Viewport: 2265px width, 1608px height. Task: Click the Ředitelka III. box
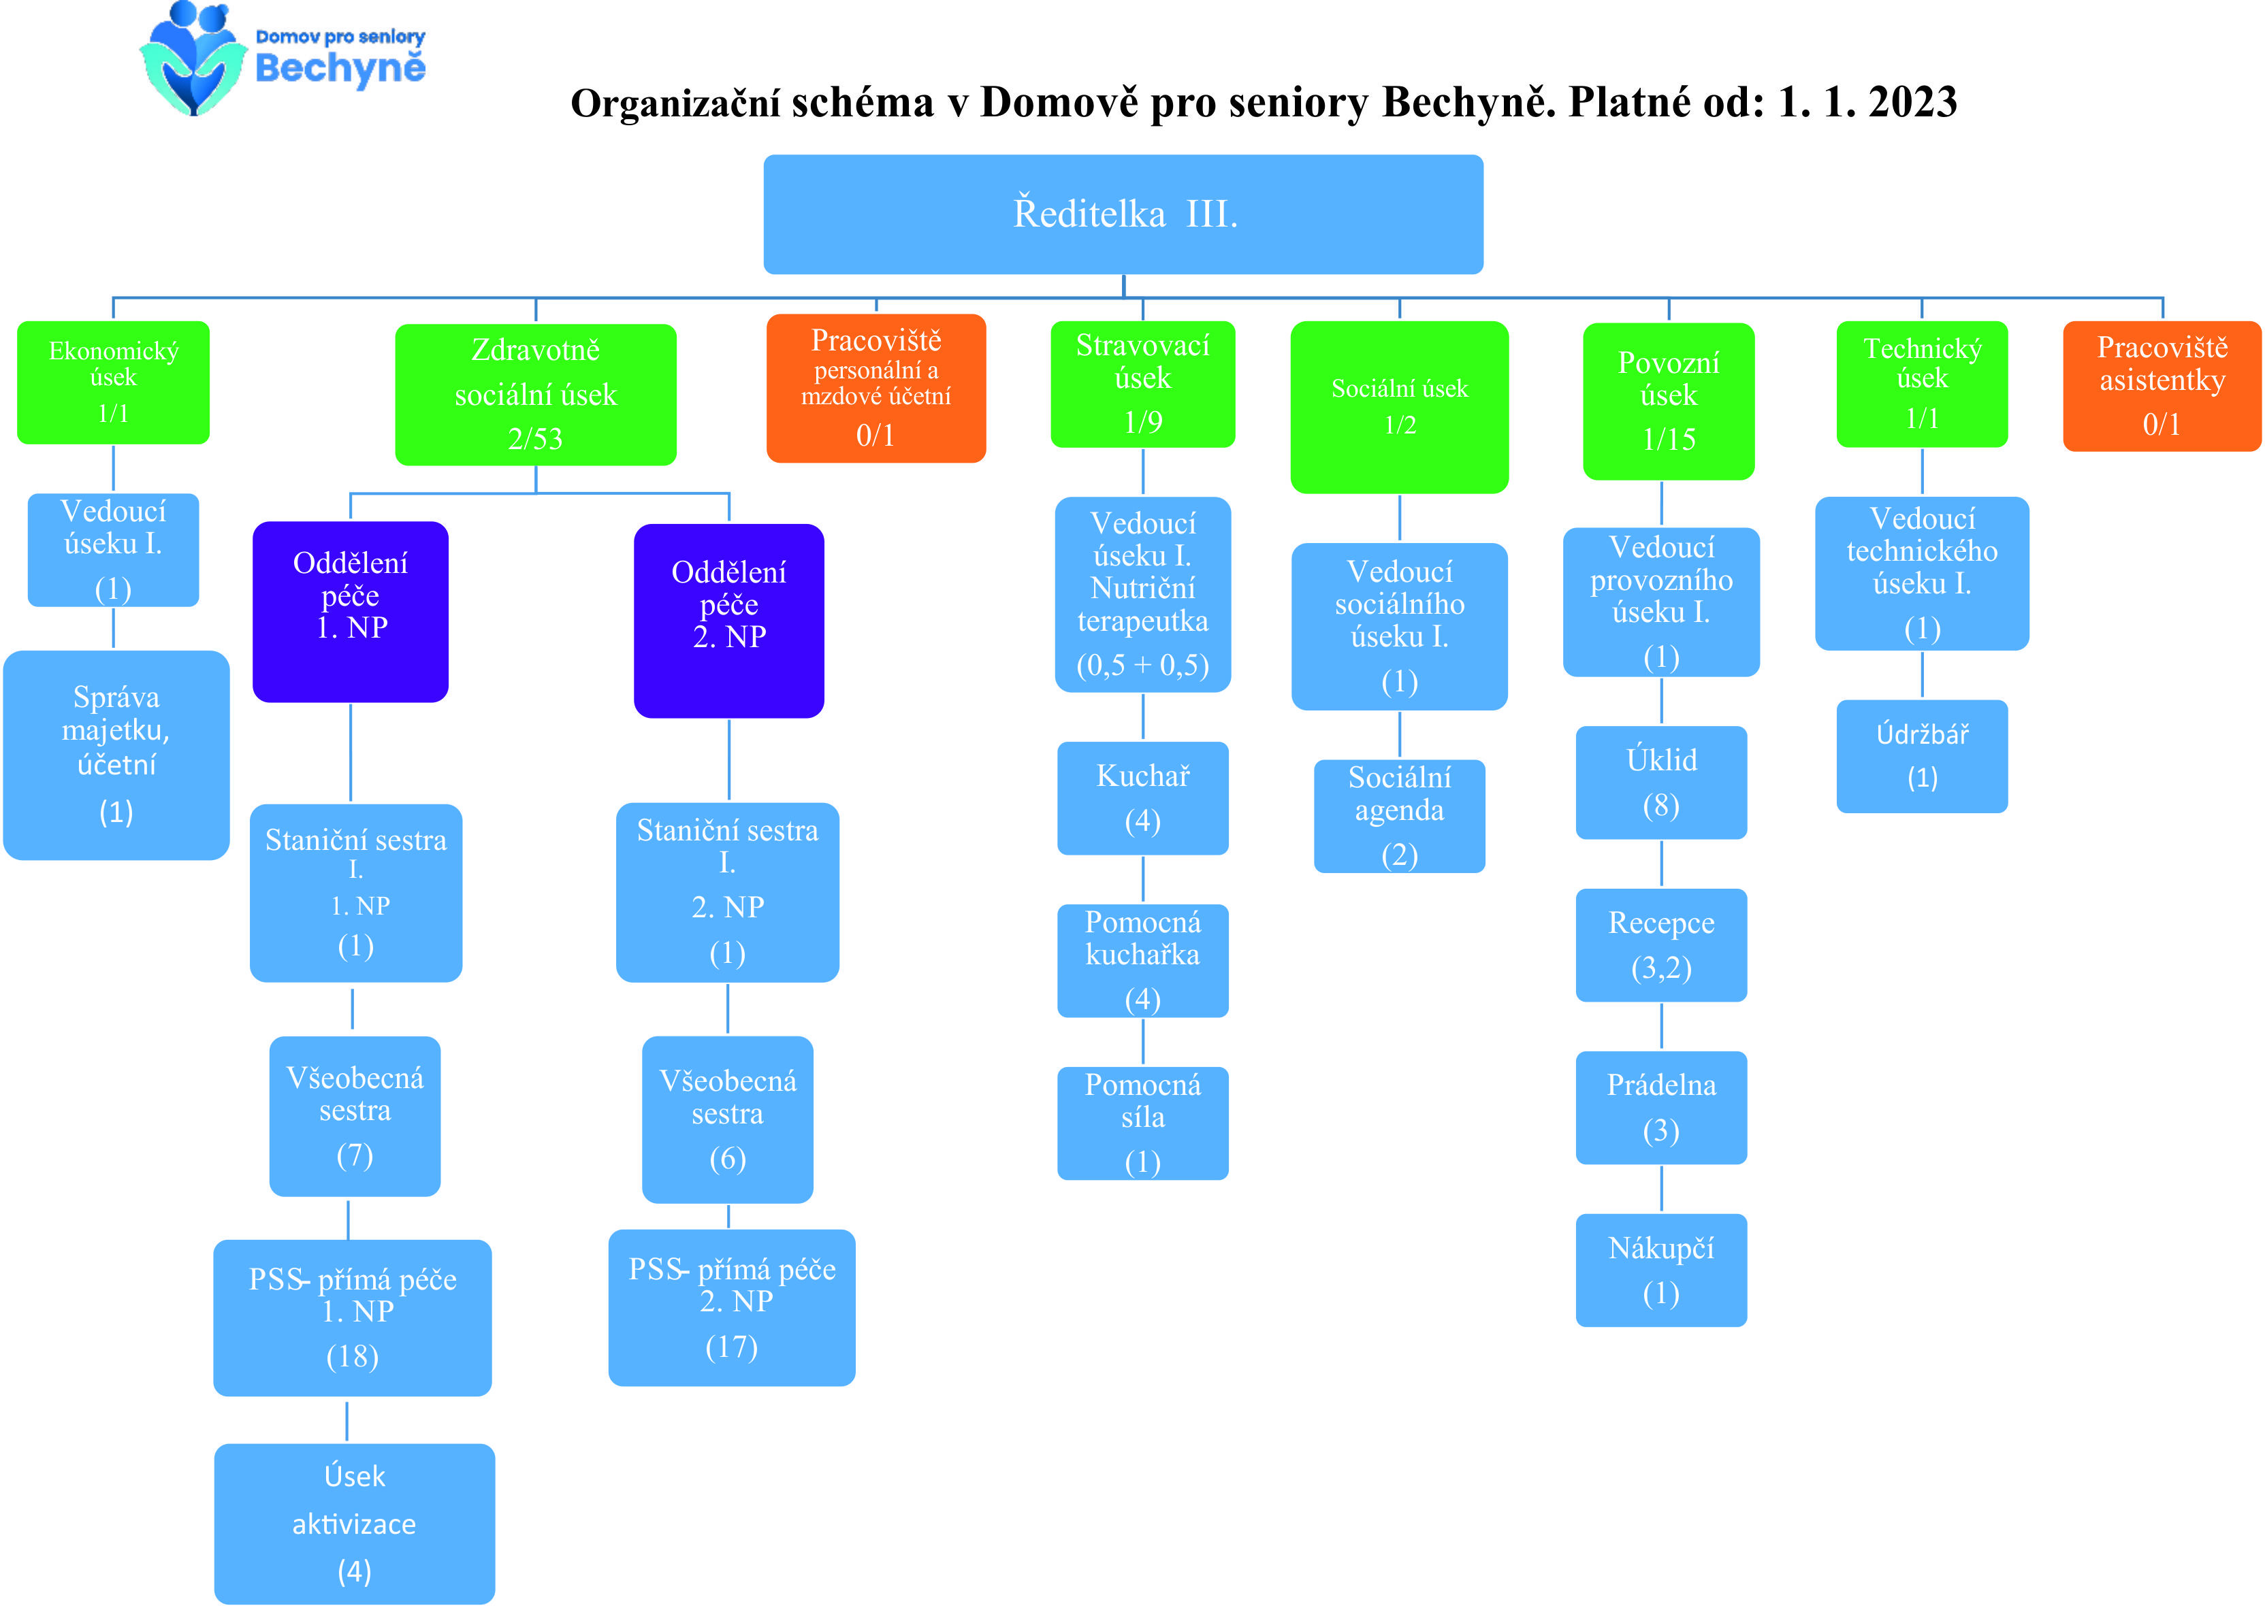pos(1123,214)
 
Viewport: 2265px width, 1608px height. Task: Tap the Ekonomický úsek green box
pos(113,382)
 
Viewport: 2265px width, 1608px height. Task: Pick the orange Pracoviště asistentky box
pos(2162,386)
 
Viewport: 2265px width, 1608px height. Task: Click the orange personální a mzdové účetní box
pos(876,388)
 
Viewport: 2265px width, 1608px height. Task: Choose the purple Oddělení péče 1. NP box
pos(351,612)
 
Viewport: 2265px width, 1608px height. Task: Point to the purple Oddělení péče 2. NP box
pos(729,621)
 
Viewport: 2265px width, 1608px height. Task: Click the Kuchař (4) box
pos(1143,798)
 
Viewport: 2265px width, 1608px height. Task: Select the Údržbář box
pos(1923,757)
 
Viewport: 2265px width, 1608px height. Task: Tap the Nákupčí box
pos(1661,1270)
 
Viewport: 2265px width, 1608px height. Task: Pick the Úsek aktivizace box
pos(355,1524)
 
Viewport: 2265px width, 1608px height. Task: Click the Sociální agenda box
pos(1400,816)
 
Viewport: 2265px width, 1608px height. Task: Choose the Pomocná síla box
pos(1143,1123)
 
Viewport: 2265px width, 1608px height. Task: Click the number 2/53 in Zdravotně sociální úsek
pos(535,439)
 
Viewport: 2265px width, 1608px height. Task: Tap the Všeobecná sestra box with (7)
pos(355,1116)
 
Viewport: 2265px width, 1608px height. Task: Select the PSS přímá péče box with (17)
pos(732,1308)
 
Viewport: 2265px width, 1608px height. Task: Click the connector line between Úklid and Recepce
pos(1661,864)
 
